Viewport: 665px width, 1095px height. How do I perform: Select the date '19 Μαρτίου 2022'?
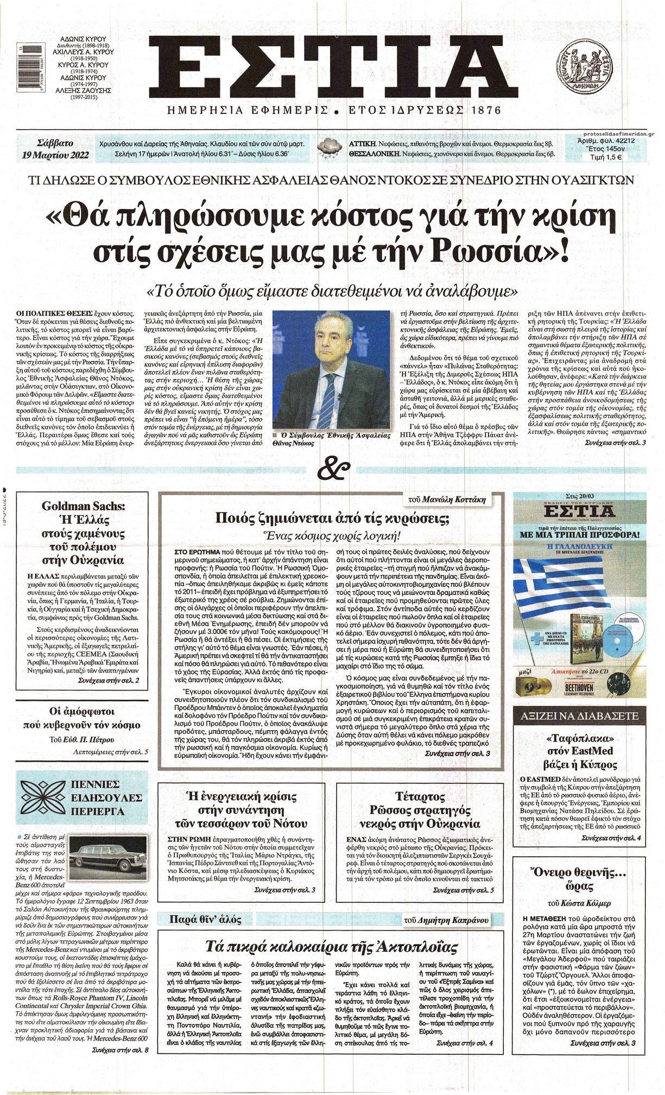pyautogui.click(x=55, y=155)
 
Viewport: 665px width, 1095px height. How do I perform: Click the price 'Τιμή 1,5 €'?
pyautogui.click(x=605, y=157)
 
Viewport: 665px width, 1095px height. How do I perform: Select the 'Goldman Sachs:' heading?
pyautogui.click(x=83, y=506)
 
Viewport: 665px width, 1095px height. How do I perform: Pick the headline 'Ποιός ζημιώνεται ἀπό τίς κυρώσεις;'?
pyautogui.click(x=332, y=518)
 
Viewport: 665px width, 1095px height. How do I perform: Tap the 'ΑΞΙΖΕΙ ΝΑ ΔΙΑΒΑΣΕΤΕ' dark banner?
pyautogui.click(x=579, y=716)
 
